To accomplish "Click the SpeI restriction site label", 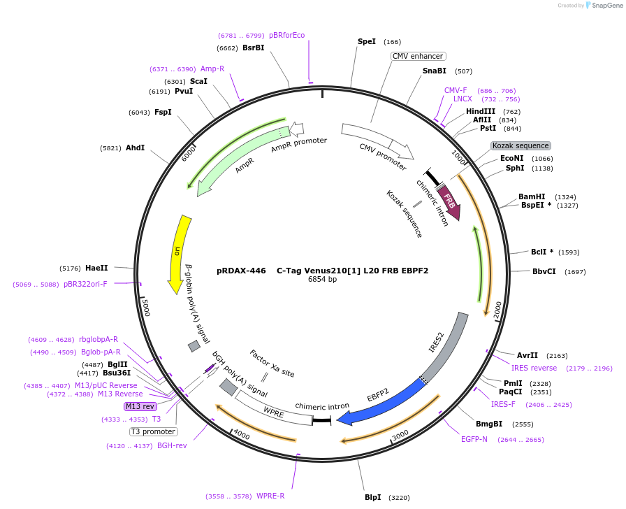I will coord(367,42).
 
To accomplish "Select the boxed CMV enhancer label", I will coord(418,56).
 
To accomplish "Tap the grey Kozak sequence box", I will coord(521,145).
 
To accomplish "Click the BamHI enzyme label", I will coord(532,196).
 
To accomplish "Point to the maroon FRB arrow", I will coord(450,203).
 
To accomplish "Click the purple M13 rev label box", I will coord(140,406).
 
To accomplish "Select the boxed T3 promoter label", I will coord(153,431).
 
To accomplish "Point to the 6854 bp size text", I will coord(322,280).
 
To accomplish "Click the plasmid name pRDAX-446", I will coord(241,270).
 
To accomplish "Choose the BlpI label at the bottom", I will coord(372,497).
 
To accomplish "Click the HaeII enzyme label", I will coord(96,268).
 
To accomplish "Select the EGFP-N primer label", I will coord(474,439).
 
